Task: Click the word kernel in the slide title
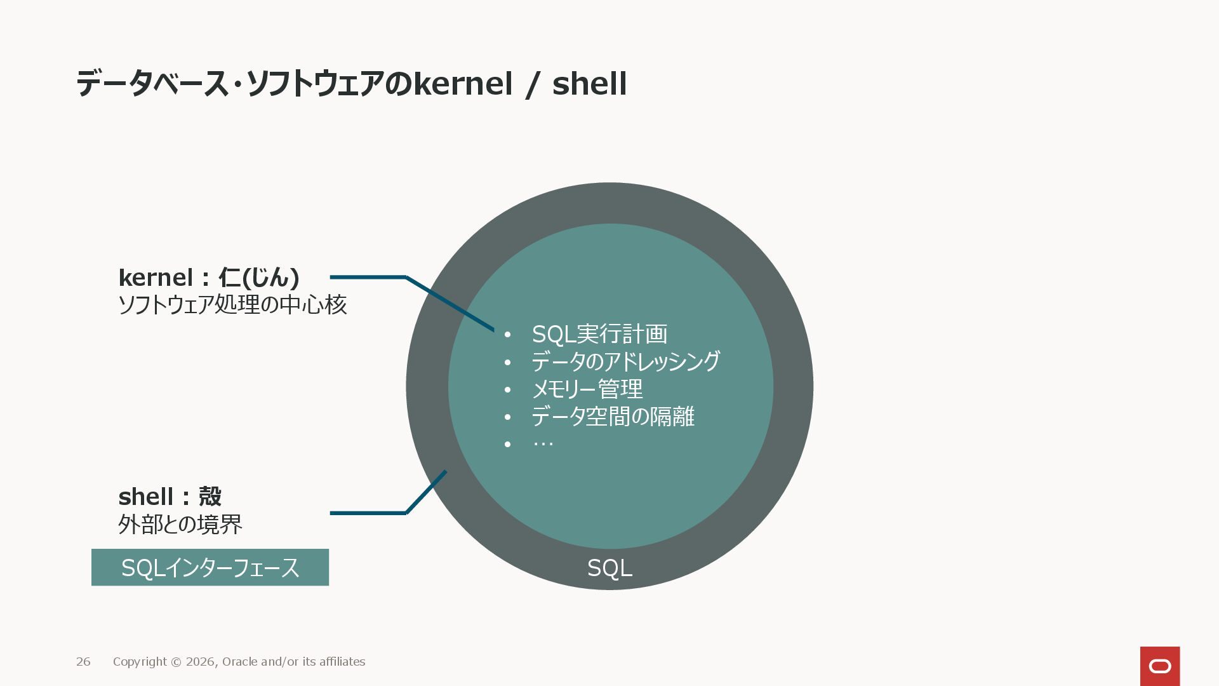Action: pos(463,84)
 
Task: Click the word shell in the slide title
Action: pos(589,84)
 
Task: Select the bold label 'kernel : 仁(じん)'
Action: pos(209,278)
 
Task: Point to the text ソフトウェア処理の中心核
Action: pos(232,305)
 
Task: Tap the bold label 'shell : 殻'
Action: pos(170,497)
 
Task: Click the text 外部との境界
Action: pos(180,525)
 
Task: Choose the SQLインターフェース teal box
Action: pos(210,567)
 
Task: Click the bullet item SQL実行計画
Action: pos(599,334)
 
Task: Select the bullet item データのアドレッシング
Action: pos(625,361)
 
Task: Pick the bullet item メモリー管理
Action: pos(587,389)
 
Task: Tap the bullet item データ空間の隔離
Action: pos(613,417)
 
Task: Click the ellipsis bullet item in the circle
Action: pos(543,443)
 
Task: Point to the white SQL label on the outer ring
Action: pos(609,568)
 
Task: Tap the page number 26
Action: pos(83,662)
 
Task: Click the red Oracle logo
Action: pos(1160,666)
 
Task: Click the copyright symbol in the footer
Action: pos(175,662)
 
